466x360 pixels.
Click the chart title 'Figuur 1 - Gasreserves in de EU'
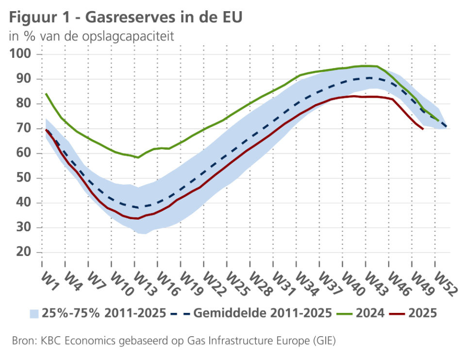tap(125, 17)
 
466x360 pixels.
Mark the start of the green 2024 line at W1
tap(46, 94)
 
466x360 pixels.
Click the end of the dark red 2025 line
tap(423, 129)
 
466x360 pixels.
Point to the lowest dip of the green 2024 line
tap(138, 157)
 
